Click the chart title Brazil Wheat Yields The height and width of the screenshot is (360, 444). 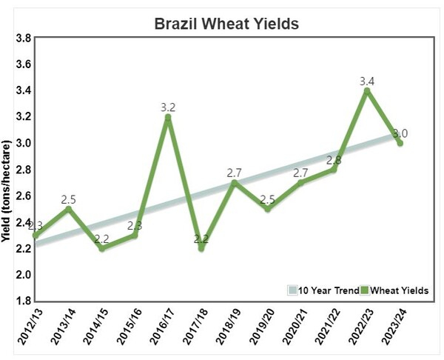point(226,23)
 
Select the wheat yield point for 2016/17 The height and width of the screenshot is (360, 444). point(168,117)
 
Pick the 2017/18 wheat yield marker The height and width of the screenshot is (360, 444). point(201,248)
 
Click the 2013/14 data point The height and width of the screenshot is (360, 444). point(69,209)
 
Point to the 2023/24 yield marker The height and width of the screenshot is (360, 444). point(400,143)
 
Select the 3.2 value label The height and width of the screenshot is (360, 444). point(168,107)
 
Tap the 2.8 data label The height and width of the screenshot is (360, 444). point(334,160)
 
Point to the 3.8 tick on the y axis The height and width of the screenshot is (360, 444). point(21,38)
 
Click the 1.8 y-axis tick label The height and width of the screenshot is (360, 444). point(21,301)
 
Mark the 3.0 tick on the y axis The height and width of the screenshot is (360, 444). point(21,143)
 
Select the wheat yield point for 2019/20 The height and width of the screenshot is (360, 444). point(268,209)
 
